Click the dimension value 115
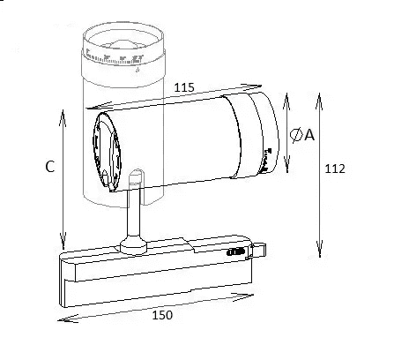[x=184, y=87]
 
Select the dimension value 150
[x=162, y=315]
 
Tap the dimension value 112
[x=335, y=169]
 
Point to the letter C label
[x=50, y=167]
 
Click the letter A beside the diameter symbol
[x=309, y=135]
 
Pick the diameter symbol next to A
[x=296, y=135]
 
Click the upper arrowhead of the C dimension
[x=63, y=118]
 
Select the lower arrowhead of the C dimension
[x=63, y=241]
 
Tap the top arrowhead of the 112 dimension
[x=319, y=101]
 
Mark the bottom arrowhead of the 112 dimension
[x=320, y=249]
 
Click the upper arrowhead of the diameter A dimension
[x=286, y=101]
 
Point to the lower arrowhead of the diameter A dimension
[x=287, y=164]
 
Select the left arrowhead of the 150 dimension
[x=68, y=319]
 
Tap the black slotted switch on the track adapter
[x=235, y=252]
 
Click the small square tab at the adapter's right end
[x=258, y=250]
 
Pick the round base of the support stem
[x=133, y=245]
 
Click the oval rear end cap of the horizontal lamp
[x=107, y=151]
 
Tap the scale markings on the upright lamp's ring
[x=115, y=59]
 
